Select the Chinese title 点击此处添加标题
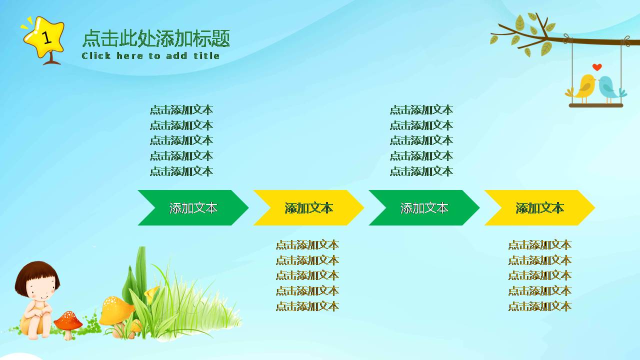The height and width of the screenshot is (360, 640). click(155, 38)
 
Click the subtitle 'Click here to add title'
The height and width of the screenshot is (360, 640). click(150, 55)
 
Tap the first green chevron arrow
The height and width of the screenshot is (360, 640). click(193, 208)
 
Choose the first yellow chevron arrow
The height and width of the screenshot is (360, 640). click(308, 208)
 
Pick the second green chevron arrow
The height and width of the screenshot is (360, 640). click(424, 208)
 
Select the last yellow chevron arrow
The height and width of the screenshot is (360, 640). click(539, 208)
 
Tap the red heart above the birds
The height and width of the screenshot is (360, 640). click(597, 67)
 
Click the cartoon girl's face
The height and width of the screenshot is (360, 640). click(39, 288)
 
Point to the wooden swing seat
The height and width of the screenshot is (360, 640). click(596, 105)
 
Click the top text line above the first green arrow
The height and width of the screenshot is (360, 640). click(181, 110)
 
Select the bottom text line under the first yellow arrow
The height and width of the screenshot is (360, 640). click(307, 306)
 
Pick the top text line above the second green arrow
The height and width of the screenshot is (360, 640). click(421, 110)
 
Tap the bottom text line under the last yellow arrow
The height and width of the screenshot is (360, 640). click(540, 306)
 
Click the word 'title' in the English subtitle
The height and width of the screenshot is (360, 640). click(206, 55)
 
